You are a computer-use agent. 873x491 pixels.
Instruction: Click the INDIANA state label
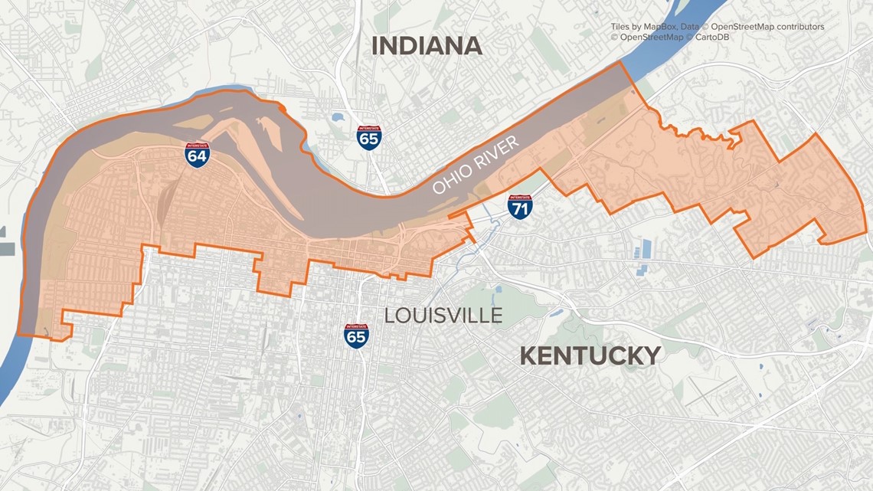(427, 46)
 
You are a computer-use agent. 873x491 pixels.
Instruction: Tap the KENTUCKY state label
(590, 355)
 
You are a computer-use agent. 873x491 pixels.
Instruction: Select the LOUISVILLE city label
(443, 315)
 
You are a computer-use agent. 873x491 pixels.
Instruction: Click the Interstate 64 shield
(197, 154)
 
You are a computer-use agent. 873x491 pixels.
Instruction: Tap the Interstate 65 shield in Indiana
(368, 138)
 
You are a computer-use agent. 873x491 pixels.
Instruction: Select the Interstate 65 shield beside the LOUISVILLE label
(356, 336)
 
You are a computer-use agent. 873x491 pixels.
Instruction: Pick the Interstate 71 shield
(521, 207)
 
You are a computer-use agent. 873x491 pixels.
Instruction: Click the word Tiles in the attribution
(622, 27)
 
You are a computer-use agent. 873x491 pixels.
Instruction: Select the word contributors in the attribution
(797, 27)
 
